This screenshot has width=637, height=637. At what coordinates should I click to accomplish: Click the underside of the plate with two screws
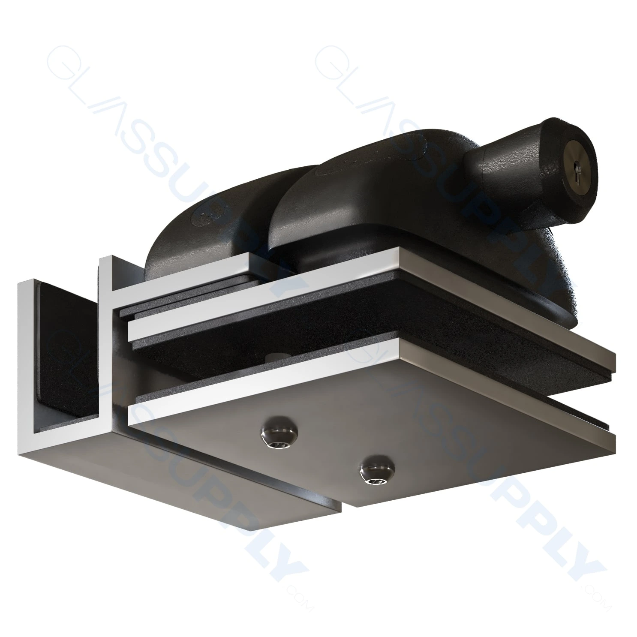point(429,429)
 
